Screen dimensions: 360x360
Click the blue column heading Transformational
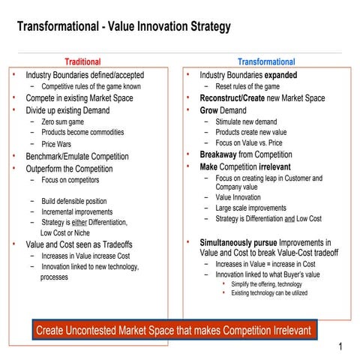(x=266, y=61)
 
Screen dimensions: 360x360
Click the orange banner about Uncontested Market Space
(x=172, y=330)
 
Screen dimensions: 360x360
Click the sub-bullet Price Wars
(x=57, y=143)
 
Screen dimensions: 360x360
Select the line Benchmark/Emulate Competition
(x=76, y=156)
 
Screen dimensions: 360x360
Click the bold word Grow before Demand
(x=210, y=110)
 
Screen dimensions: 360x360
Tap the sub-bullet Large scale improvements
(x=250, y=208)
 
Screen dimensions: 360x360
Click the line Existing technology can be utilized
(x=268, y=292)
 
